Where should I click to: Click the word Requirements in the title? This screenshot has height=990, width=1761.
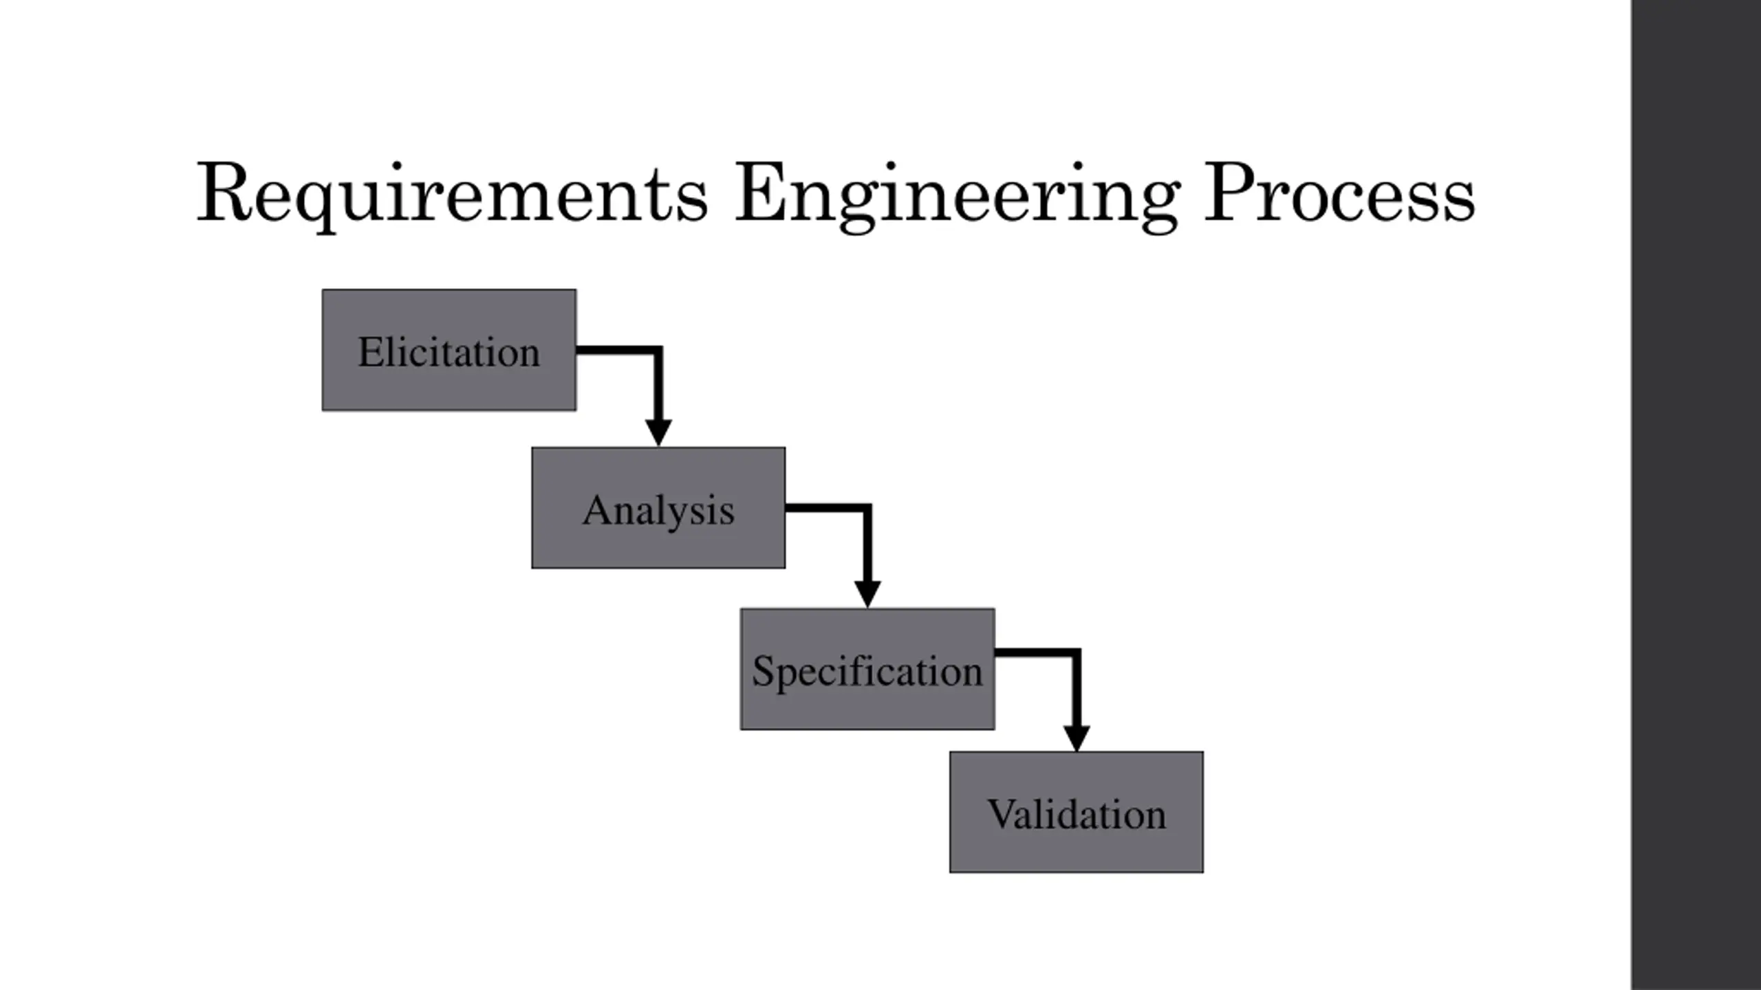[451, 194]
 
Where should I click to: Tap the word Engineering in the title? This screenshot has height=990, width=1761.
[956, 194]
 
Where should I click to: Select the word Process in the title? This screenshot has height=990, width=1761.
[1339, 194]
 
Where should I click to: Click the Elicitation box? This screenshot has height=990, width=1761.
[449, 350]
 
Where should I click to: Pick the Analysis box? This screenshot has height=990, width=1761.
[658, 508]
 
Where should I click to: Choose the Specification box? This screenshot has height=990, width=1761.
[867, 669]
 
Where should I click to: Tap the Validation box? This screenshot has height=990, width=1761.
[1077, 812]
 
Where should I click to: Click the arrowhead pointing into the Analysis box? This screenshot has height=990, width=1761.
[658, 432]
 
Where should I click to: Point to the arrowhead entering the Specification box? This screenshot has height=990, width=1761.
[867, 594]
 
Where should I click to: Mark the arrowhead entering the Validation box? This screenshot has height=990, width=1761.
[1077, 738]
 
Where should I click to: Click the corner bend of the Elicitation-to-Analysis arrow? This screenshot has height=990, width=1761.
[658, 351]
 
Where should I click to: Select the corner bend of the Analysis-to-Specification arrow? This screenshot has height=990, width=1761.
[867, 508]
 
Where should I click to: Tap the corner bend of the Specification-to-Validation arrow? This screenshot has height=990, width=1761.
[1076, 652]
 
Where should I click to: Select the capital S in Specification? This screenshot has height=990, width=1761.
[764, 670]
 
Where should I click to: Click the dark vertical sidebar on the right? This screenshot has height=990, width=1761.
[1696, 495]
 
